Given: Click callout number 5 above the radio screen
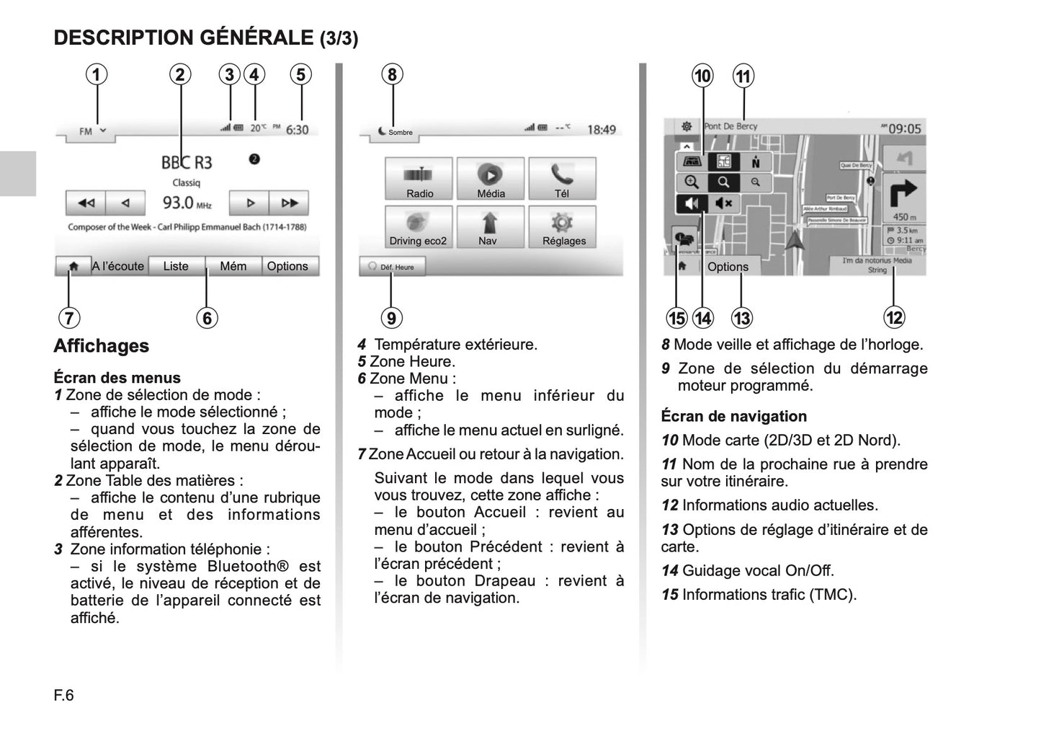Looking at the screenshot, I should click(300, 74).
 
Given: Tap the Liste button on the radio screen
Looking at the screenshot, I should click(176, 266).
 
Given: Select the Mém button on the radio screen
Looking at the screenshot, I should click(233, 266).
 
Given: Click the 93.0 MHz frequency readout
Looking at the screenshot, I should click(187, 203).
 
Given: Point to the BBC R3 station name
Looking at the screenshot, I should click(187, 162).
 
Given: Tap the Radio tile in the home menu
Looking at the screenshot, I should click(419, 179).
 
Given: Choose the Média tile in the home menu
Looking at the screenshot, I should click(490, 179).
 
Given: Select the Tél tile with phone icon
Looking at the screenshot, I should click(562, 179).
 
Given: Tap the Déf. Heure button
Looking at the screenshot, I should click(392, 267).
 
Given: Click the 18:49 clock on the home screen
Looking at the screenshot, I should click(602, 130).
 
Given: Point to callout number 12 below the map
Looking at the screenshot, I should click(894, 317).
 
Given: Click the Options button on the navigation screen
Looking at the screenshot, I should click(728, 267).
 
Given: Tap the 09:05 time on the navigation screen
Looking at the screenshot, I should click(904, 129).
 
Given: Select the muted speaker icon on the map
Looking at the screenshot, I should click(724, 203).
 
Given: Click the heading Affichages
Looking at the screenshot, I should click(102, 346).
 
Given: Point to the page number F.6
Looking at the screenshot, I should click(64, 696).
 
